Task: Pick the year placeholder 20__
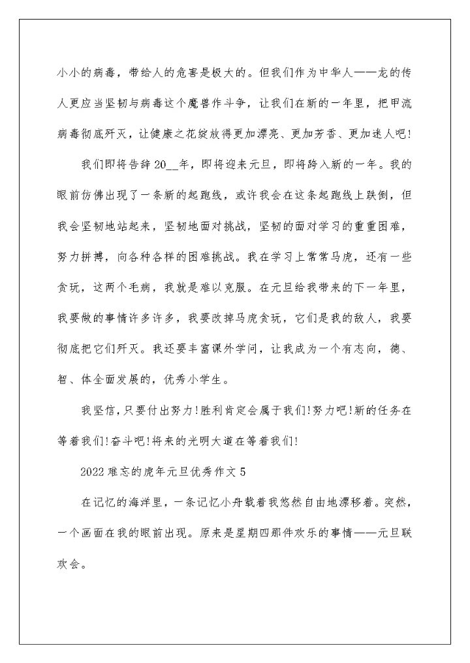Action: click(x=166, y=165)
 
